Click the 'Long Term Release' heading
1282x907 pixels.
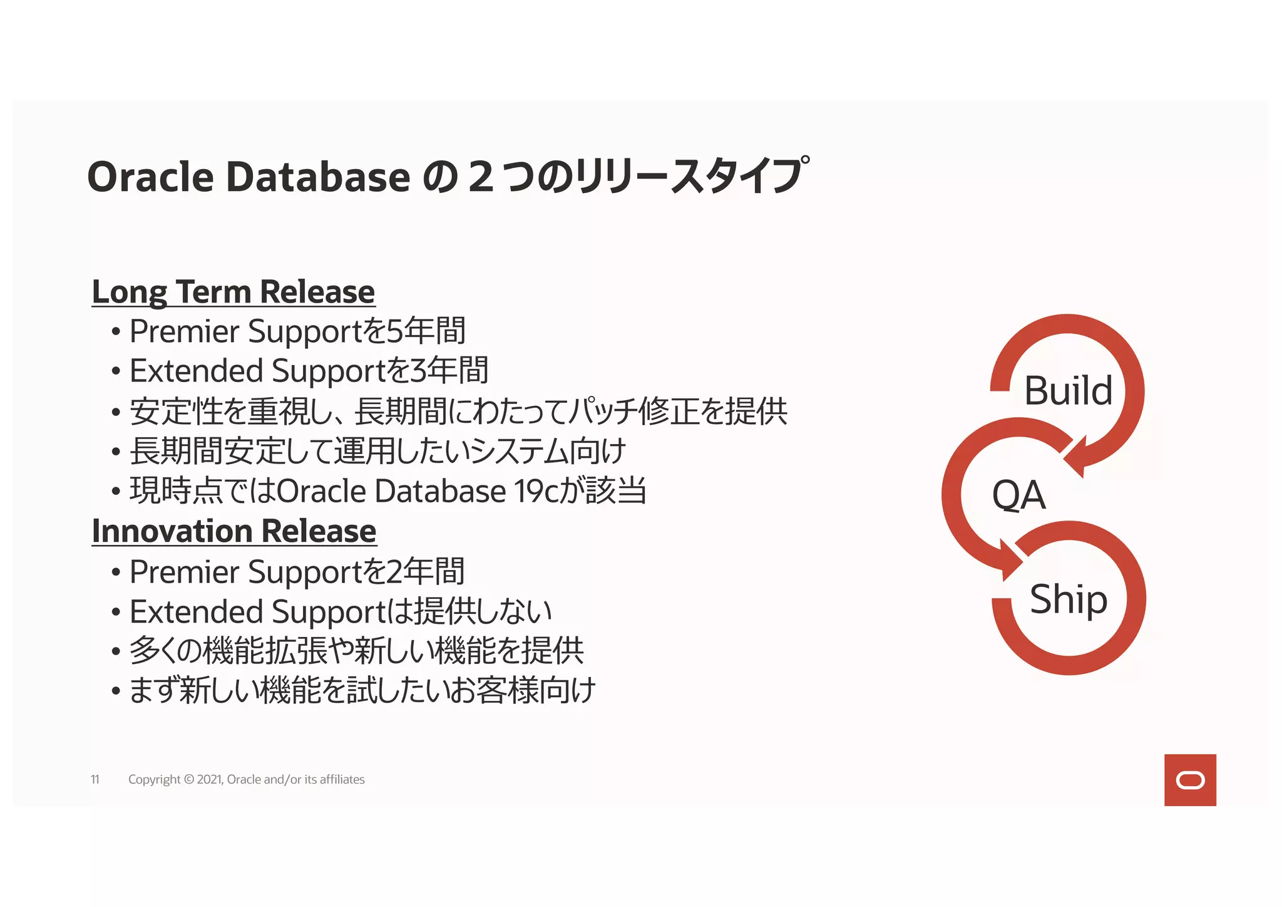point(233,292)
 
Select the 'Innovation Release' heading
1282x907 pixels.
point(233,532)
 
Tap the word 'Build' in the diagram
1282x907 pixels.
point(1068,391)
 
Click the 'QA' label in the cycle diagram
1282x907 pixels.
point(1018,495)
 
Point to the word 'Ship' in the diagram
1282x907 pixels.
point(1069,599)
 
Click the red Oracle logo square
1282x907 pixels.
point(1190,780)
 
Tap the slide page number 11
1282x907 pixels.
point(95,780)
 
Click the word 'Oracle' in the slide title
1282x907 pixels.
point(151,177)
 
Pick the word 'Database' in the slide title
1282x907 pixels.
point(318,177)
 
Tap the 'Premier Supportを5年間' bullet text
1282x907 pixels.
point(297,331)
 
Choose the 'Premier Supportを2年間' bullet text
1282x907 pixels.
point(297,572)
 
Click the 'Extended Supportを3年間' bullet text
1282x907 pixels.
point(309,371)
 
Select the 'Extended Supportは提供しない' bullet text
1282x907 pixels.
point(340,612)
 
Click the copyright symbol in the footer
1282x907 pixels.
point(188,780)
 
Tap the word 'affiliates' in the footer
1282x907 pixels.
point(342,780)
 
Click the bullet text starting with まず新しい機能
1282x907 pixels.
point(362,692)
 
